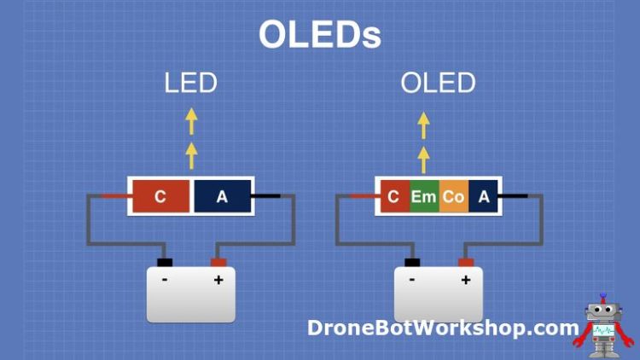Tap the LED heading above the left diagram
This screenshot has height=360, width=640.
(x=191, y=83)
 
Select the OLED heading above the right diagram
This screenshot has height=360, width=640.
(x=438, y=83)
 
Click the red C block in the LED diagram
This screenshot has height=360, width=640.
(x=160, y=197)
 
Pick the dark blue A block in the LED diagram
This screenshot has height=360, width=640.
(x=222, y=197)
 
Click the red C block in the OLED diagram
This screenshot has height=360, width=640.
(x=393, y=197)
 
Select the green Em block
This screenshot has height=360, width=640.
(x=423, y=197)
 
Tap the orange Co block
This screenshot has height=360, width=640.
(x=453, y=197)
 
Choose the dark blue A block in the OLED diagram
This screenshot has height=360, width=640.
(x=484, y=197)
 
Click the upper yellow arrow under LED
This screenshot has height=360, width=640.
(x=191, y=122)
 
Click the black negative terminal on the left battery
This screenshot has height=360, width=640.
(x=165, y=262)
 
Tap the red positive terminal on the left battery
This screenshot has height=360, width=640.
(x=218, y=262)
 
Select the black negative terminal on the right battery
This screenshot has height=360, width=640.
(x=412, y=262)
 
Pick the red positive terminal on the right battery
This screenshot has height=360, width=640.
(x=466, y=262)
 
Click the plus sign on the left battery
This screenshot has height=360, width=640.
(x=218, y=280)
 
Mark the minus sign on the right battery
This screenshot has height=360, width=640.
(x=412, y=280)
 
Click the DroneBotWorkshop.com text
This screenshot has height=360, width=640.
(x=443, y=328)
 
